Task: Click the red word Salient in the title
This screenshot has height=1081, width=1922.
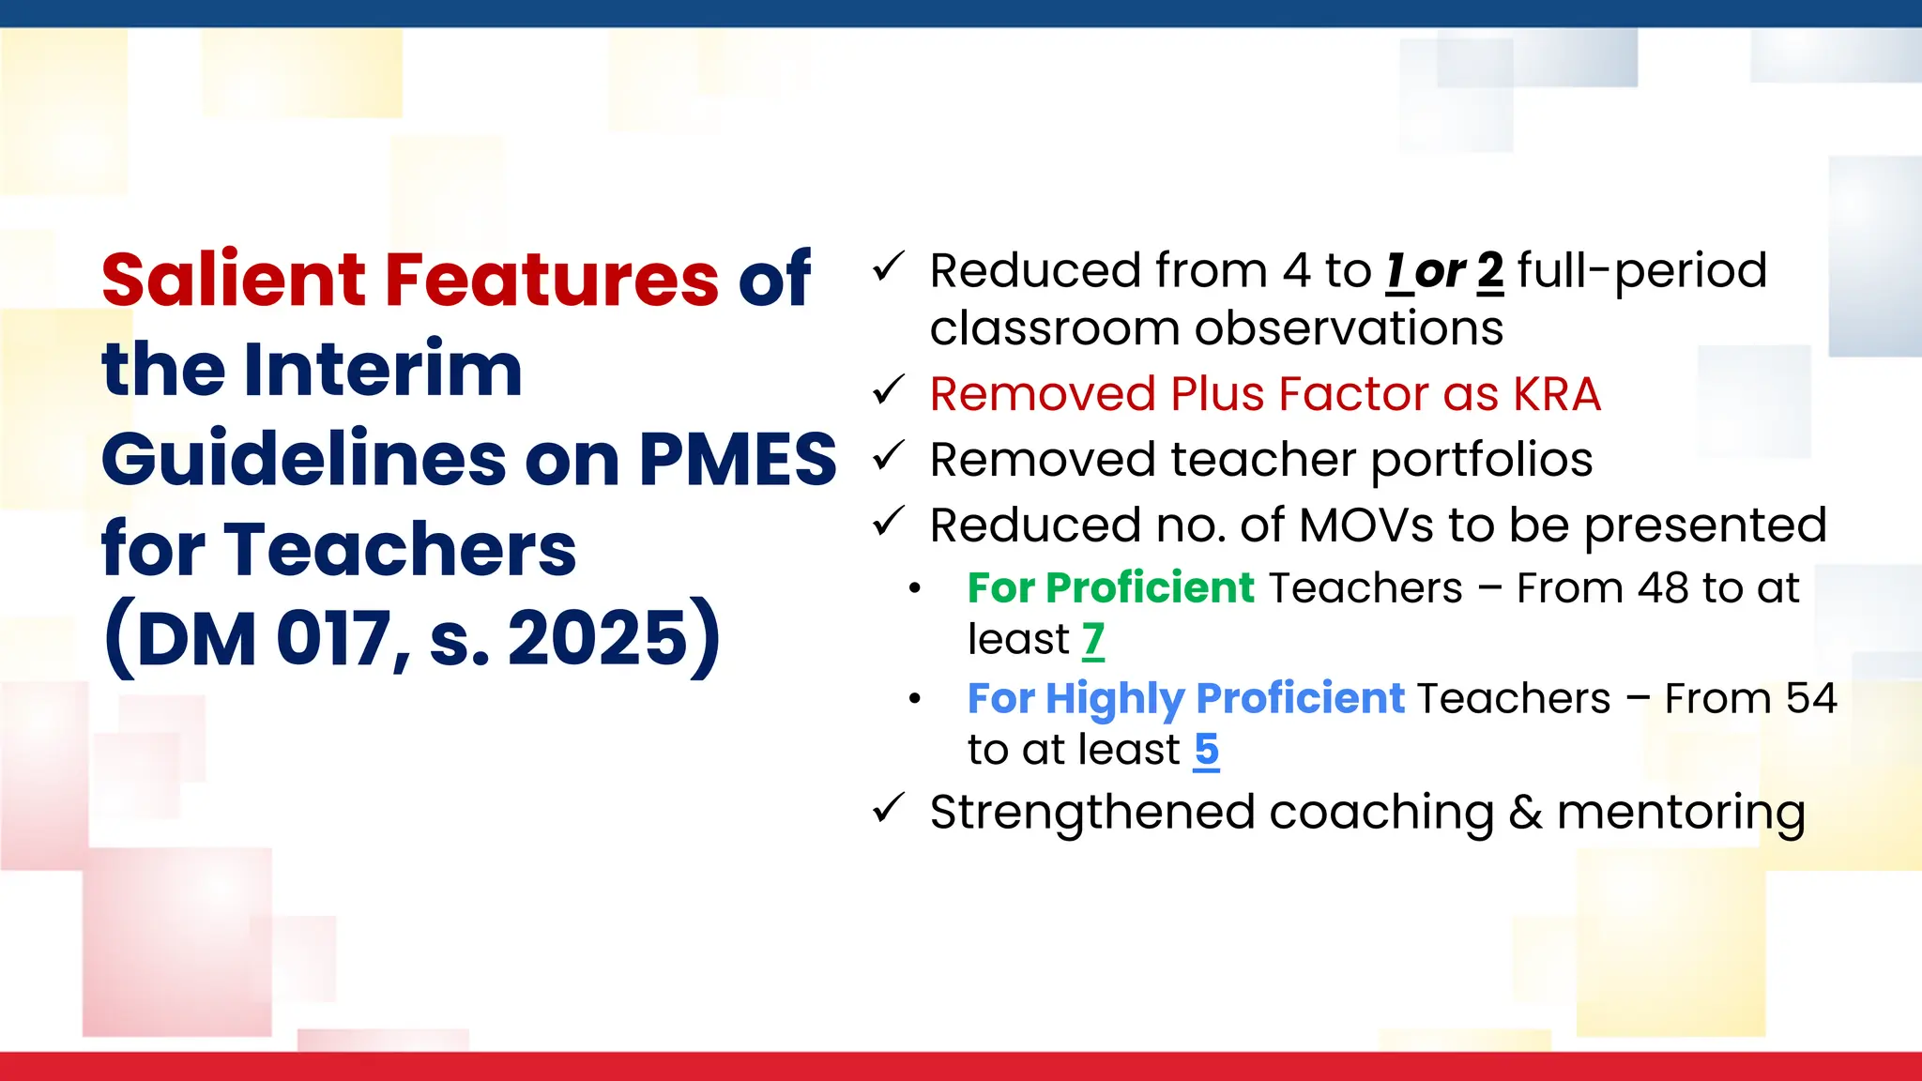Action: click(234, 280)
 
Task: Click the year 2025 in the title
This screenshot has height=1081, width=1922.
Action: click(599, 639)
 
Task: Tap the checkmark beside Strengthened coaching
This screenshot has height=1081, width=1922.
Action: click(887, 808)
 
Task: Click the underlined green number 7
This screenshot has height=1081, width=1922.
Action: click(1093, 640)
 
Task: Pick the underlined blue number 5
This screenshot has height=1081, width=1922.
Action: click(1206, 750)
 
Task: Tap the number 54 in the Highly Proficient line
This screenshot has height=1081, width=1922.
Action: click(1810, 699)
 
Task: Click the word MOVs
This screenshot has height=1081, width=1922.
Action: click(1366, 525)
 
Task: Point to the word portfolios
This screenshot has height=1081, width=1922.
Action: click(1482, 461)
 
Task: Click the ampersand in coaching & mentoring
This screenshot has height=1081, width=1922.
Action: click(1525, 813)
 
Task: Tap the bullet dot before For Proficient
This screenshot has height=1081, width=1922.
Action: click(915, 589)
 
